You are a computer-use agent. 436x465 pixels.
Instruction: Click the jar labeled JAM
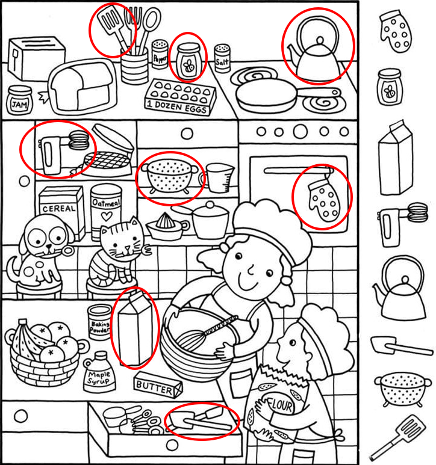click(x=20, y=100)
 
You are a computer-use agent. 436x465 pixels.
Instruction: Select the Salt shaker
click(x=222, y=58)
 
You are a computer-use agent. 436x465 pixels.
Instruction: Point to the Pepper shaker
click(x=160, y=55)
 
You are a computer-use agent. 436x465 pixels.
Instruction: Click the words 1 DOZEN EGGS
click(x=177, y=106)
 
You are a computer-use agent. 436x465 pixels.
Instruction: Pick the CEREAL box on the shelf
click(x=61, y=212)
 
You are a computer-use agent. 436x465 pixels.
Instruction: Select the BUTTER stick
click(x=158, y=384)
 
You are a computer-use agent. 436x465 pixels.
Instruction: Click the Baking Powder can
click(x=99, y=322)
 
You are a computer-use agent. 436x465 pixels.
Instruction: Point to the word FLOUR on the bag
click(x=280, y=405)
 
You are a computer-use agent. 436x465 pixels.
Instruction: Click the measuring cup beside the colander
click(x=219, y=177)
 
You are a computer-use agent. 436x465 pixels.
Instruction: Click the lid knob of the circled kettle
click(x=320, y=40)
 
